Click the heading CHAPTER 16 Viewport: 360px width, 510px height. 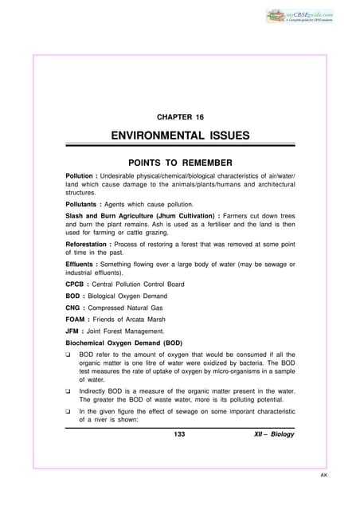tap(180, 117)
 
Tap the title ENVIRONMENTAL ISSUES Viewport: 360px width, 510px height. tap(180, 135)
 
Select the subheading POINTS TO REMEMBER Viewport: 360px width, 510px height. tap(180, 160)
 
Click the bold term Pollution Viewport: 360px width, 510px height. tap(83, 175)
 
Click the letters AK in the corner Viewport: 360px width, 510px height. tap(344, 495)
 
